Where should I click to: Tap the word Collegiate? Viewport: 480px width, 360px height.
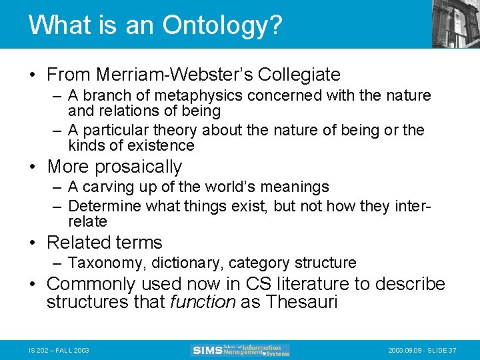(299, 74)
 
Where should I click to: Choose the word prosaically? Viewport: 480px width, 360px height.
(139, 166)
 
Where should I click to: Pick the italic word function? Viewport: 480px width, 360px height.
(203, 302)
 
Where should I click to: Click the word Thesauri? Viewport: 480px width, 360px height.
(301, 302)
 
